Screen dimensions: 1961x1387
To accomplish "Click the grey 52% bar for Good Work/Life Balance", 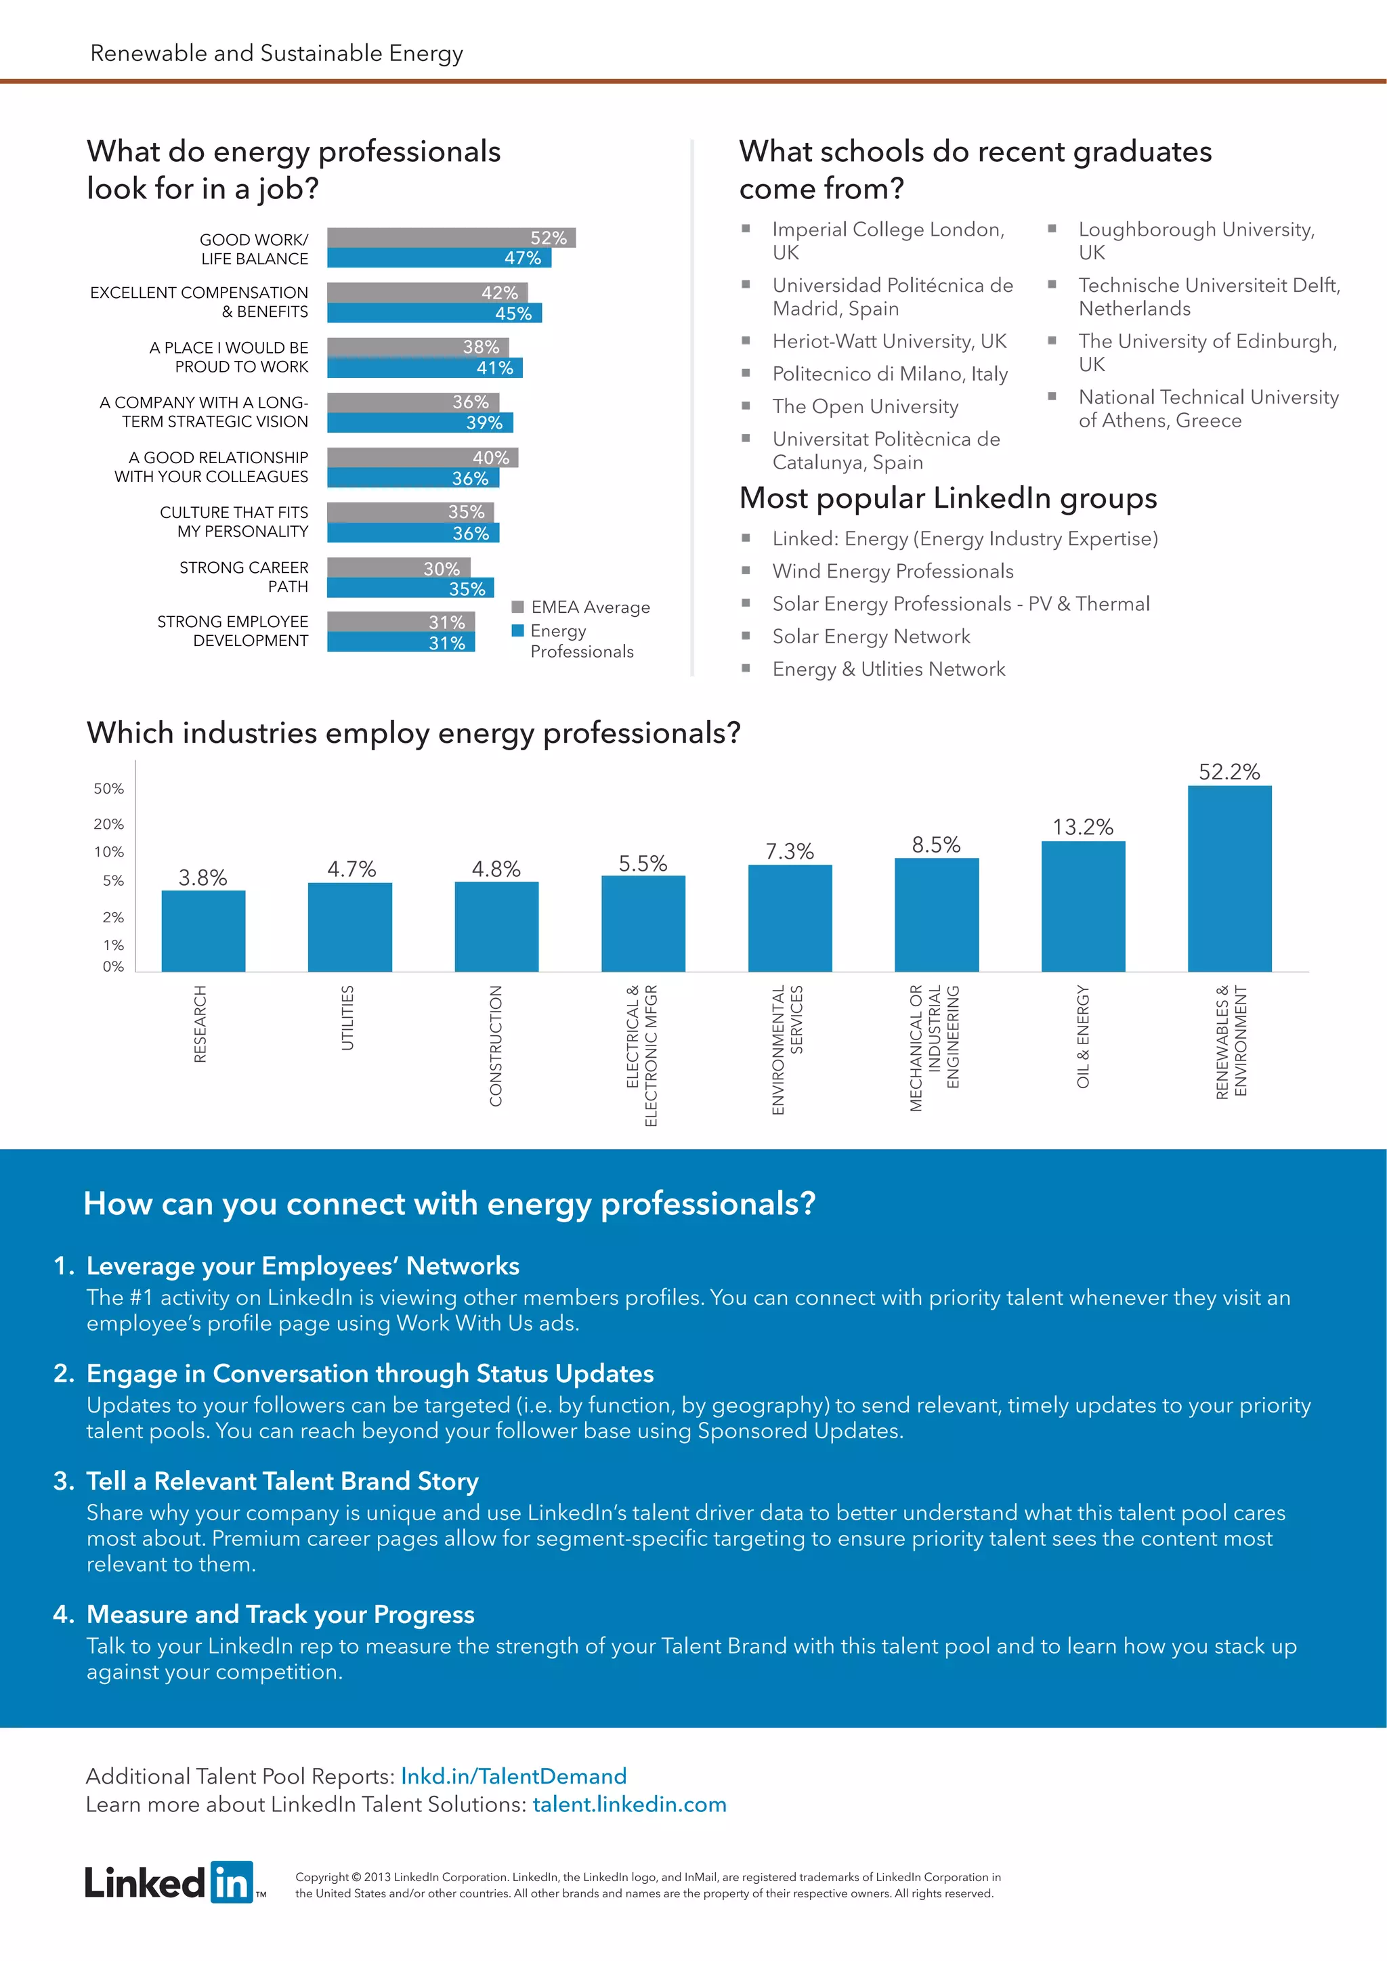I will click(451, 238).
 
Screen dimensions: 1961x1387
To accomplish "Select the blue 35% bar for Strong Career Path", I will click(410, 588).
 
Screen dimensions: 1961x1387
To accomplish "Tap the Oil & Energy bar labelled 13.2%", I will click(1083, 905).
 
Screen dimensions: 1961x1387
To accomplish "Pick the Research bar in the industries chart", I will click(203, 931).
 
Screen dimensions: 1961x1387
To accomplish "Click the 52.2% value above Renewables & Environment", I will click(1229, 772).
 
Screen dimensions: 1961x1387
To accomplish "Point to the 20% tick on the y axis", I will click(108, 824).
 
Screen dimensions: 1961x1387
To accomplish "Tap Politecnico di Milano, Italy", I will click(890, 374).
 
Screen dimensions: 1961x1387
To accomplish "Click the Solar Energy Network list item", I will click(871, 637).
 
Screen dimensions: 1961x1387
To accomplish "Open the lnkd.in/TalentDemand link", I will click(513, 1777).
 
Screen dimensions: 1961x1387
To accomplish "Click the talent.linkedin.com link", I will click(629, 1805).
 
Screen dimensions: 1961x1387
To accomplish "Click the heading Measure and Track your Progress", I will click(280, 1614).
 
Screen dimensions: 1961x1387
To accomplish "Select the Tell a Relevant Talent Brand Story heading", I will click(282, 1481).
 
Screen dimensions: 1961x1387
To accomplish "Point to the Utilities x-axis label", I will click(347, 1017).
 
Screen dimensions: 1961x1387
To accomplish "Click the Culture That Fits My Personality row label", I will click(234, 522).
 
